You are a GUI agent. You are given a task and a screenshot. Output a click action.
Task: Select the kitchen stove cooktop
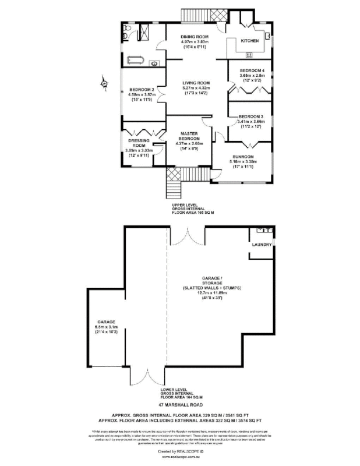coord(250,55)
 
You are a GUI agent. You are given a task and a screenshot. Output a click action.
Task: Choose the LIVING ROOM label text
coord(196,83)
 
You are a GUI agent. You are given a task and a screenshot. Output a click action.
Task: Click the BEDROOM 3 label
coord(251,116)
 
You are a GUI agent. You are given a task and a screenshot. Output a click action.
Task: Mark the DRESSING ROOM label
coord(139,143)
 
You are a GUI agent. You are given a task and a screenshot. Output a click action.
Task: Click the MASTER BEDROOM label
coord(190,136)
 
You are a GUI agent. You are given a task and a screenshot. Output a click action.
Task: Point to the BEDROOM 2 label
coord(141,90)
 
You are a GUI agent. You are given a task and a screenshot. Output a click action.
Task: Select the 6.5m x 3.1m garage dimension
coord(106,327)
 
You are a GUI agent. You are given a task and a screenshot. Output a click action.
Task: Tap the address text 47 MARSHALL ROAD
coord(179,404)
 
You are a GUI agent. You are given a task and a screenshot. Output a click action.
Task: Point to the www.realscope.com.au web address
coord(179,457)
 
